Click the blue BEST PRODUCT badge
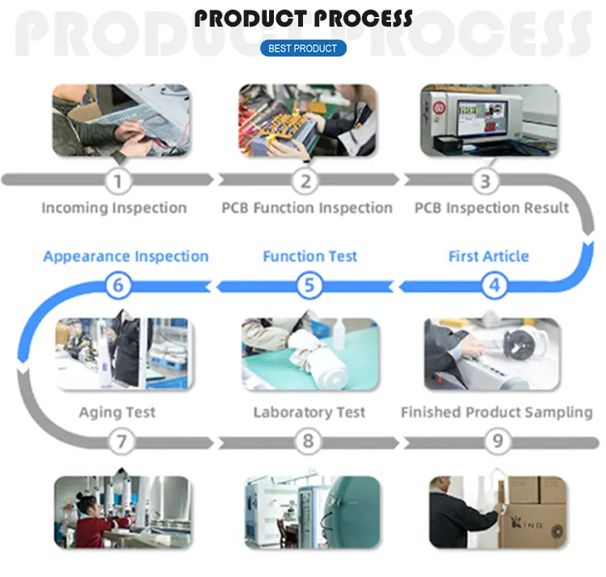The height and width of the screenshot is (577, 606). [x=303, y=48]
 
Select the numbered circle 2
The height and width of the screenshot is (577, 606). [x=305, y=180]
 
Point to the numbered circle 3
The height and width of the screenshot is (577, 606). [x=485, y=180]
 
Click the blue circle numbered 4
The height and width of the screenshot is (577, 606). [x=494, y=284]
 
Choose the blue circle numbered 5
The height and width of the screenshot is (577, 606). [x=309, y=284]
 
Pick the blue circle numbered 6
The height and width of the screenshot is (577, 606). [x=119, y=284]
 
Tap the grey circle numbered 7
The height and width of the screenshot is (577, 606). [x=121, y=441]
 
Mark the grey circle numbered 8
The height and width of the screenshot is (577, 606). [x=309, y=441]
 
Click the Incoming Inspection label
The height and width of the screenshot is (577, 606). [x=114, y=208]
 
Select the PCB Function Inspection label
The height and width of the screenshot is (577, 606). [x=307, y=208]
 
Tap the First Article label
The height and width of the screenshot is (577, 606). [x=489, y=256]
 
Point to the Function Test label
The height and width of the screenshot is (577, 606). [x=310, y=256]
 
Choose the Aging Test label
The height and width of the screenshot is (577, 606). [x=117, y=412]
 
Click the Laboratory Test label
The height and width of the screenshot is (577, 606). [x=309, y=412]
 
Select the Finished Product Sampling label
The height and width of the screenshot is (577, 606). [x=496, y=412]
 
